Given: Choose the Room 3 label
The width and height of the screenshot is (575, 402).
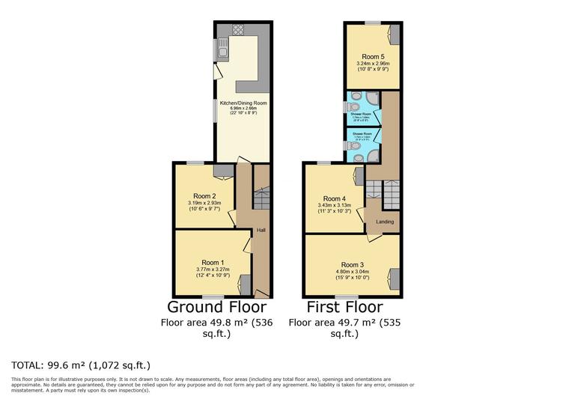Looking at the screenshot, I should pyautogui.click(x=351, y=264).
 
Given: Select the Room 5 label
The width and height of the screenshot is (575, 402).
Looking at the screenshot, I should pyautogui.click(x=372, y=57).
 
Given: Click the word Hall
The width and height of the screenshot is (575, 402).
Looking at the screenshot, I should pyautogui.click(x=261, y=229).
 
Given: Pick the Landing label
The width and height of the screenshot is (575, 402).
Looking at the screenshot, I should pyautogui.click(x=385, y=222).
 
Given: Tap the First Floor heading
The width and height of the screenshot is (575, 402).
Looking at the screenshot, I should pyautogui.click(x=344, y=307).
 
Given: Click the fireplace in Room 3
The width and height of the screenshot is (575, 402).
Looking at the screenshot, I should pyautogui.click(x=394, y=277).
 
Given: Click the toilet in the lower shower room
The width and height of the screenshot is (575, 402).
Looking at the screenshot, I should pyautogui.click(x=353, y=146).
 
